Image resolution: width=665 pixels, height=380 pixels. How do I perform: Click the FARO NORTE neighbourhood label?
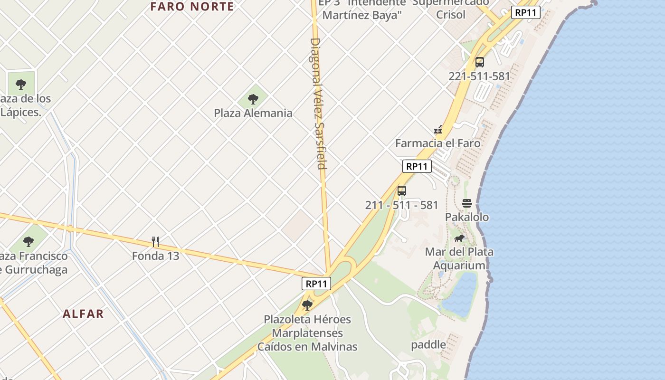(x=192, y=7)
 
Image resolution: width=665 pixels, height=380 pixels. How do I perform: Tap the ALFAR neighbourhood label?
(x=83, y=314)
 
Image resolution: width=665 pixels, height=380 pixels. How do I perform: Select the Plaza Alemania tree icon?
(x=253, y=99)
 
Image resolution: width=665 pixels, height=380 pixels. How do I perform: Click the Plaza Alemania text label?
(x=253, y=113)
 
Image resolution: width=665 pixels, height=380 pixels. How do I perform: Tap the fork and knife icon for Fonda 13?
(x=155, y=242)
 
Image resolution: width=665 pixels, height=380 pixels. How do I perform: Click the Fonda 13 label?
(x=155, y=256)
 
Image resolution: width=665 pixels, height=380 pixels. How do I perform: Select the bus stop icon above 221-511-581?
(x=479, y=62)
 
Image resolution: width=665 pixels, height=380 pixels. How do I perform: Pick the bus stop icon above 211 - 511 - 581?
(x=402, y=191)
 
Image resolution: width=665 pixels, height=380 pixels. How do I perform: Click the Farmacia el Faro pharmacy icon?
(x=438, y=129)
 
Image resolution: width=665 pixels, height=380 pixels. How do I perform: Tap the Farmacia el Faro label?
(x=437, y=143)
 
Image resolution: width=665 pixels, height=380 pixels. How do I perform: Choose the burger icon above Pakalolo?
(x=466, y=203)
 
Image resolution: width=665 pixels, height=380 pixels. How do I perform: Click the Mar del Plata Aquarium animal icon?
(x=459, y=238)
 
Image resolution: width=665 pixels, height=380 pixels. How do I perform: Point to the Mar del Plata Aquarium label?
(x=459, y=258)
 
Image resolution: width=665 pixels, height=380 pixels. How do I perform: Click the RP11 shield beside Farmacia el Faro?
(x=417, y=166)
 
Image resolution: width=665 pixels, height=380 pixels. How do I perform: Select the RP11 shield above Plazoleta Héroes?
(x=316, y=284)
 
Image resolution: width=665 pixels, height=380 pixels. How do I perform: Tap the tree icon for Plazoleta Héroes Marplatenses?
(x=307, y=305)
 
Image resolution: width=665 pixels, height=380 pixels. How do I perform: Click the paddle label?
(x=428, y=344)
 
